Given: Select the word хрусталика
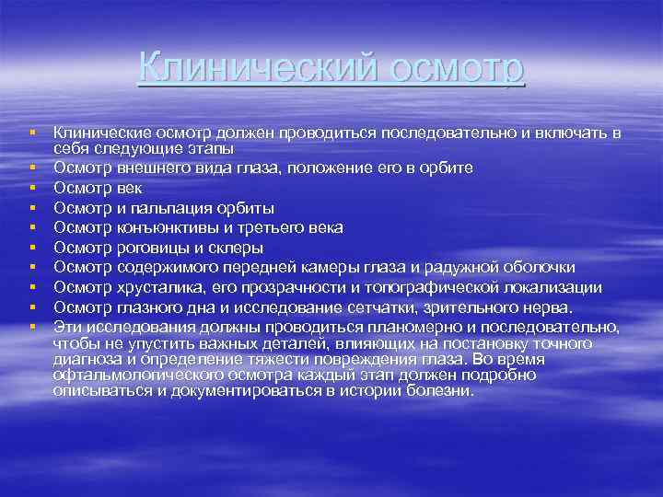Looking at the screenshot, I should [x=157, y=287].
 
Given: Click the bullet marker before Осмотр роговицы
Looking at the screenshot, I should [x=31, y=248].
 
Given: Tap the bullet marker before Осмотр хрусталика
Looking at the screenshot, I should [x=31, y=287].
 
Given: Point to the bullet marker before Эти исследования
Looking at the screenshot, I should [x=31, y=327].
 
